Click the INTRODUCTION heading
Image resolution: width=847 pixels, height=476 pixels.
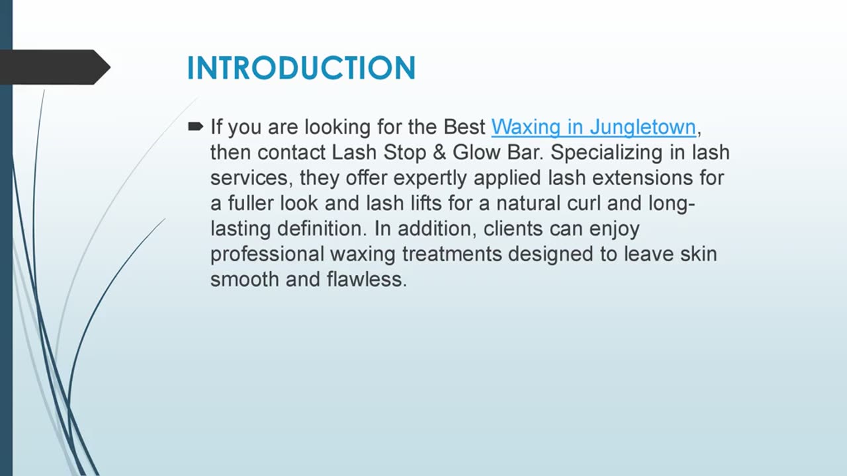click(301, 68)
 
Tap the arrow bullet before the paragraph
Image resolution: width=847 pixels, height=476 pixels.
click(195, 126)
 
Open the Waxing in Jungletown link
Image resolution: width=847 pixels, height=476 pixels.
click(594, 127)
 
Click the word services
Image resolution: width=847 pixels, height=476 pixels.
click(251, 178)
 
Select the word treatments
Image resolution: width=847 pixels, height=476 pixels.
click(449, 255)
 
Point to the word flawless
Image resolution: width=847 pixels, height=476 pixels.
click(366, 280)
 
